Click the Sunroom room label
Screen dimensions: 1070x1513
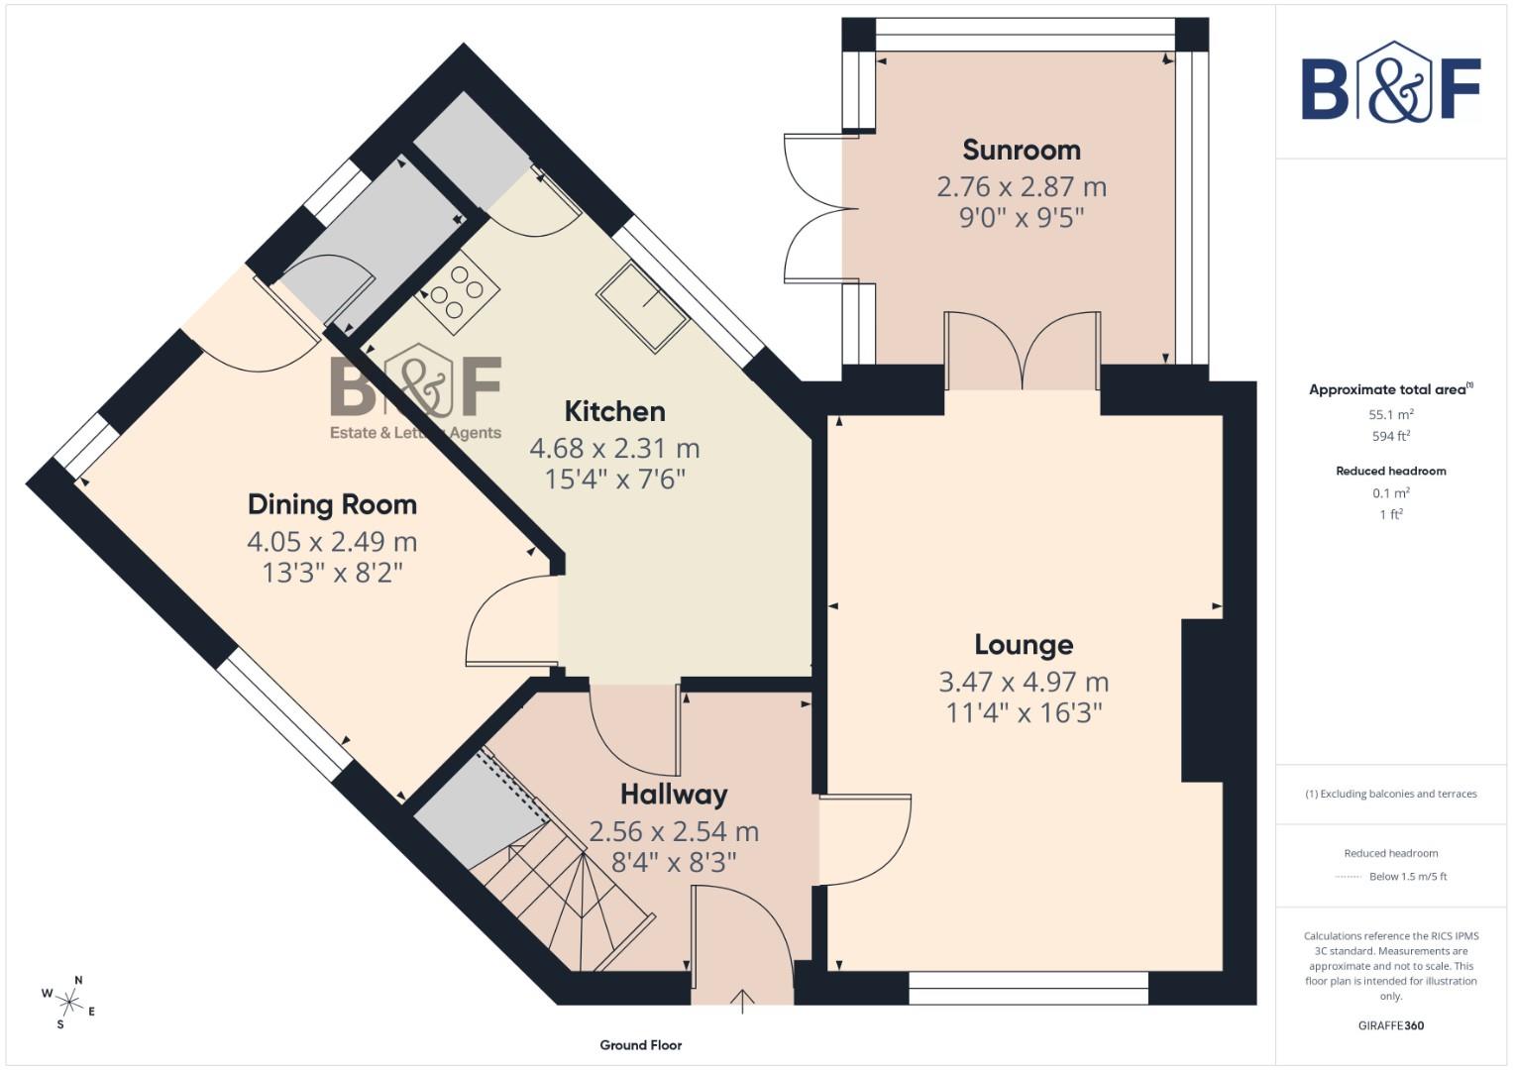click(1022, 151)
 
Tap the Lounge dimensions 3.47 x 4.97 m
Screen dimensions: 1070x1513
click(1024, 682)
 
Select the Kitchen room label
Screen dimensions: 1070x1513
click(614, 411)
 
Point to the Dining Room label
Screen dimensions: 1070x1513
click(332, 504)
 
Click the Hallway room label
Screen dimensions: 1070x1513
click(674, 795)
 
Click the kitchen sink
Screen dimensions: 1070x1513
click(643, 306)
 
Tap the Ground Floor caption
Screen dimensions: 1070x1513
click(640, 1045)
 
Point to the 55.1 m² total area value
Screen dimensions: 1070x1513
click(1391, 415)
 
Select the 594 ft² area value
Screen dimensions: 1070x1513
click(1391, 436)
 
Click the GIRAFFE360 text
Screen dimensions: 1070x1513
click(1391, 1026)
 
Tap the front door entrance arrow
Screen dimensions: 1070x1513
click(742, 1001)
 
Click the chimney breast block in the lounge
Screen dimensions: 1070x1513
click(1202, 701)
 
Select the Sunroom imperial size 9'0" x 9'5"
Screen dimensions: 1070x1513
click(1022, 218)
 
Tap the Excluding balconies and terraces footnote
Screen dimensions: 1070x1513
click(1391, 794)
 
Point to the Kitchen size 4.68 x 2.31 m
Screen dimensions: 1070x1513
click(614, 449)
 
